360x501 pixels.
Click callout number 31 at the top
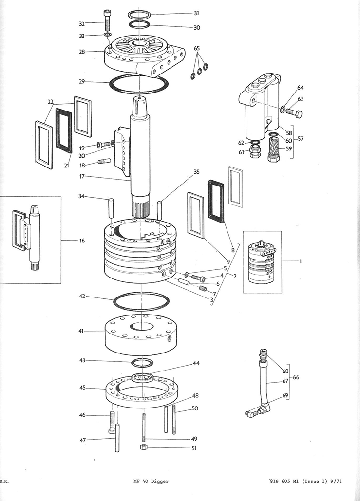[x=196, y=13]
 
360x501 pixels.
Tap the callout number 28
[x=81, y=51]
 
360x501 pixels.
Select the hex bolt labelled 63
[x=294, y=113]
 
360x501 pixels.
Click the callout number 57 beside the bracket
[x=301, y=139]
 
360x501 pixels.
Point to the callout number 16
[x=81, y=241]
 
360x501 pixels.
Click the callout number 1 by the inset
[x=301, y=261]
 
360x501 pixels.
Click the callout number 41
[x=81, y=331]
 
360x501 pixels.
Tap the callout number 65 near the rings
[x=196, y=49]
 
